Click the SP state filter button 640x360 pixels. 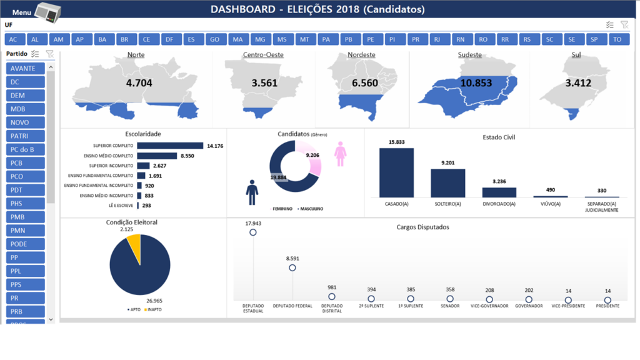594,39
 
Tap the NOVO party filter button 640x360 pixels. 26,122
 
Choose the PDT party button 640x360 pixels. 26,190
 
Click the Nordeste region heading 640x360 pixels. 361,55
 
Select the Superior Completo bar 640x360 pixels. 170,146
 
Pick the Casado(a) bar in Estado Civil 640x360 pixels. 396,172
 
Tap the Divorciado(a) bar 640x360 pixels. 499,192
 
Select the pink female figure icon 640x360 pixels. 340,154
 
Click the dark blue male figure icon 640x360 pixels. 252,192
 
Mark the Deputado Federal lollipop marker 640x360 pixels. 292,267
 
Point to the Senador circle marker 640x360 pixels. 450,299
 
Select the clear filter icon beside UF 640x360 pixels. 624,25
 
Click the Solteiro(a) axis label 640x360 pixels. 447,204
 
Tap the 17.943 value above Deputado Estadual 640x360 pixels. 253,223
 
